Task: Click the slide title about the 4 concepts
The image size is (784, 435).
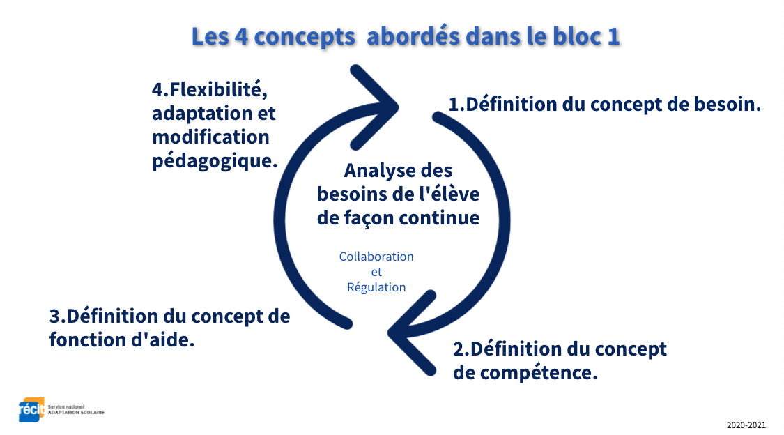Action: tap(406, 36)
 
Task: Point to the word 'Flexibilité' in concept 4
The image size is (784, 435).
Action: tap(210, 90)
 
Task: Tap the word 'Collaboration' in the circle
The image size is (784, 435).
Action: tap(376, 257)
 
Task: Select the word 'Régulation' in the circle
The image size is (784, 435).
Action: tap(376, 287)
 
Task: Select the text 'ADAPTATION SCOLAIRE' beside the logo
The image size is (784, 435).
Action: tap(76, 413)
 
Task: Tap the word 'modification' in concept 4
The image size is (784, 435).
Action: tap(210, 137)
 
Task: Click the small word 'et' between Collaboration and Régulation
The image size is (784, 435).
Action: tap(376, 272)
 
